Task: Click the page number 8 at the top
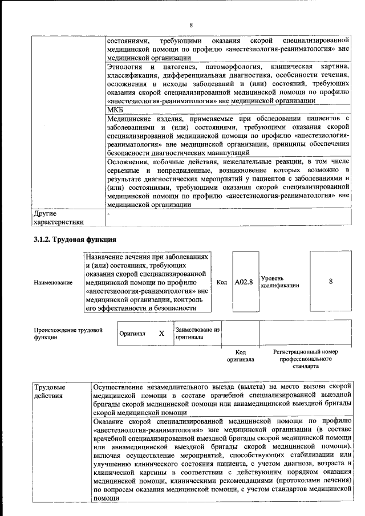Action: (191, 25)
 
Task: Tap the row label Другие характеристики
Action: (59, 218)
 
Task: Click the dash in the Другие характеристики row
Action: (108, 213)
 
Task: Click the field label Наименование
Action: (53, 283)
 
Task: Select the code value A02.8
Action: (244, 282)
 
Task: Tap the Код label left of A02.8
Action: (222, 282)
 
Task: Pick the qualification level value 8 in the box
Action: (331, 282)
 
